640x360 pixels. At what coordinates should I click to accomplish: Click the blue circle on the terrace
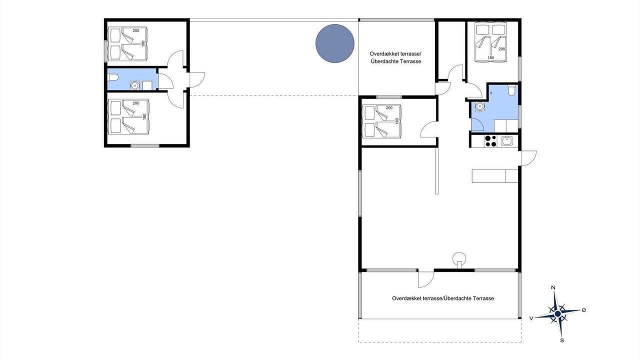click(x=335, y=43)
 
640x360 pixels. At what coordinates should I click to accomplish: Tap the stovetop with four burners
click(x=490, y=141)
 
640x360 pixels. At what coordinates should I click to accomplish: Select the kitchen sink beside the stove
click(x=507, y=141)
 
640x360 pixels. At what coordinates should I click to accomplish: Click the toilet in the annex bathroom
click(x=113, y=77)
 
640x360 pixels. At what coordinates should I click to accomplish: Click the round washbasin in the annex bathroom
click(x=134, y=85)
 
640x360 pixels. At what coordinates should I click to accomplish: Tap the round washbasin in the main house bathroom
click(x=479, y=106)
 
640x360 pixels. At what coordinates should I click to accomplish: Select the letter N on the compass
click(x=553, y=287)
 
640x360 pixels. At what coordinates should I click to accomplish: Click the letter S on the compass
click(x=562, y=340)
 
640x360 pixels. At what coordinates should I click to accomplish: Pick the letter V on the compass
click(x=531, y=318)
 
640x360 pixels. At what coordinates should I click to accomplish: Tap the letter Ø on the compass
click(x=584, y=310)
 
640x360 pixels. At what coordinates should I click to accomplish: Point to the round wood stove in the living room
click(x=459, y=259)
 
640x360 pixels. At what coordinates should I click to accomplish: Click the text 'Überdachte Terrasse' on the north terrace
click(x=396, y=61)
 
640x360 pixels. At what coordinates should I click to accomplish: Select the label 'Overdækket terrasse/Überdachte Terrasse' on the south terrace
click(x=443, y=298)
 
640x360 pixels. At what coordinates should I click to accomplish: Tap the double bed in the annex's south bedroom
click(x=128, y=116)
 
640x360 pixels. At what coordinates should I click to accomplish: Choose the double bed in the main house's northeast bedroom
click(x=490, y=42)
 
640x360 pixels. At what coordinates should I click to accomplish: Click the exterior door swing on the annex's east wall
click(x=197, y=79)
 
